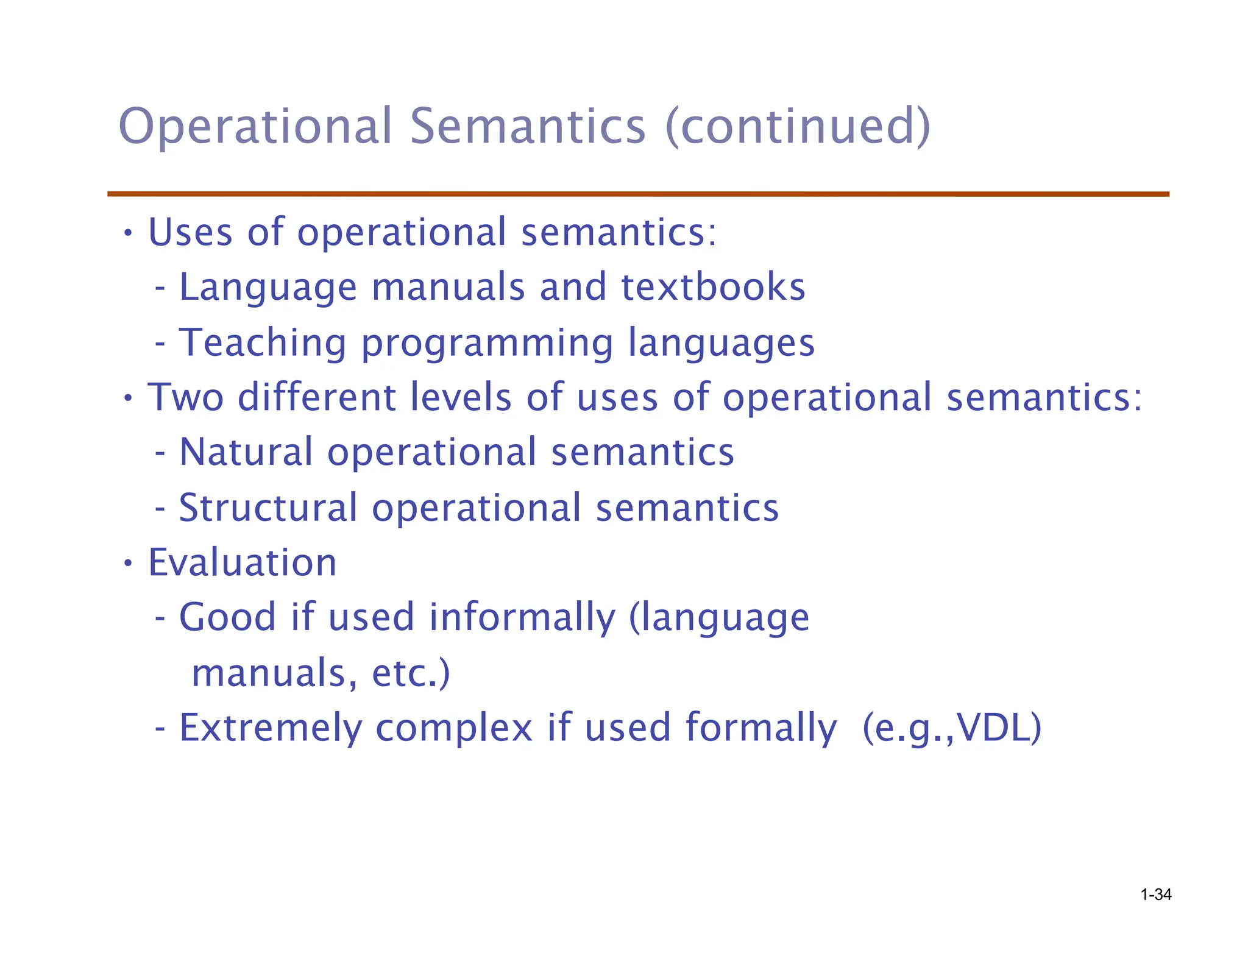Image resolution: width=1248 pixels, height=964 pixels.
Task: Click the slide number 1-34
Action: click(1155, 895)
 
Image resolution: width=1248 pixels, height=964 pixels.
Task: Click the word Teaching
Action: click(262, 342)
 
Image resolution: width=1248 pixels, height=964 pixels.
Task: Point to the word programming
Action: click(487, 344)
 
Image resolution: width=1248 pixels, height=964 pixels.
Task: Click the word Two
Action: click(186, 397)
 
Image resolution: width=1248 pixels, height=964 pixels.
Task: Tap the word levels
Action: click(461, 397)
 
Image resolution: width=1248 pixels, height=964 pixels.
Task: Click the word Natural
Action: click(246, 453)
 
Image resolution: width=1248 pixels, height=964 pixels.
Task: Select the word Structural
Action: click(268, 508)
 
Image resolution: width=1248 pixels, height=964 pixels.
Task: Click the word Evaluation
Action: click(242, 562)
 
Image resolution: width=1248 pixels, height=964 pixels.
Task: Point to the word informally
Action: click(522, 618)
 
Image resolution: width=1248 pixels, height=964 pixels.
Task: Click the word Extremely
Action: click(270, 729)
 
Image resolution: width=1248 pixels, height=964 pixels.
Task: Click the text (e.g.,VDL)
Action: click(952, 729)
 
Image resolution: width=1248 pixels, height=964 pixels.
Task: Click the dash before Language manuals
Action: click(160, 289)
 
